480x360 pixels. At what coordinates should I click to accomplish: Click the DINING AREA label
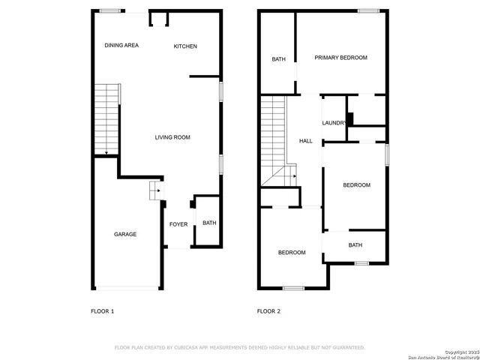coord(121,46)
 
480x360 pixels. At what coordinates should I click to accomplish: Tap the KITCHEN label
coord(185,46)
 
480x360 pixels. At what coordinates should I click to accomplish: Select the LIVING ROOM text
coord(172,137)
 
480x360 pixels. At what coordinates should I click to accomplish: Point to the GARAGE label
coord(125,235)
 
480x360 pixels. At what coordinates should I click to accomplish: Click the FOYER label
coord(178,223)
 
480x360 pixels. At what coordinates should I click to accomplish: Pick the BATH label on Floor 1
coord(209,223)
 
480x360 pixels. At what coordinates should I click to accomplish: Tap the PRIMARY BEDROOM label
coord(341,58)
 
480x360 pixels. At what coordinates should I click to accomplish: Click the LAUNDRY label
coord(334,123)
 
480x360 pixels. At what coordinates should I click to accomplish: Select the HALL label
coord(306,141)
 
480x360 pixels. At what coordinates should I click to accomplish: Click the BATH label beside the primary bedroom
coord(278,59)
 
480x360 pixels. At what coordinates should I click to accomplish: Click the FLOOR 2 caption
coord(268,310)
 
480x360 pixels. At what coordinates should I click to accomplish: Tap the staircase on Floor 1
coord(107,118)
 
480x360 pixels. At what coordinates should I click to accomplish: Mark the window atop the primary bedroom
coord(367,10)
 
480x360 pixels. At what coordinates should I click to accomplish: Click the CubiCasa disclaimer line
coord(239,347)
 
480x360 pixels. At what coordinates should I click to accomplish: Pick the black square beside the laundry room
coord(350,118)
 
